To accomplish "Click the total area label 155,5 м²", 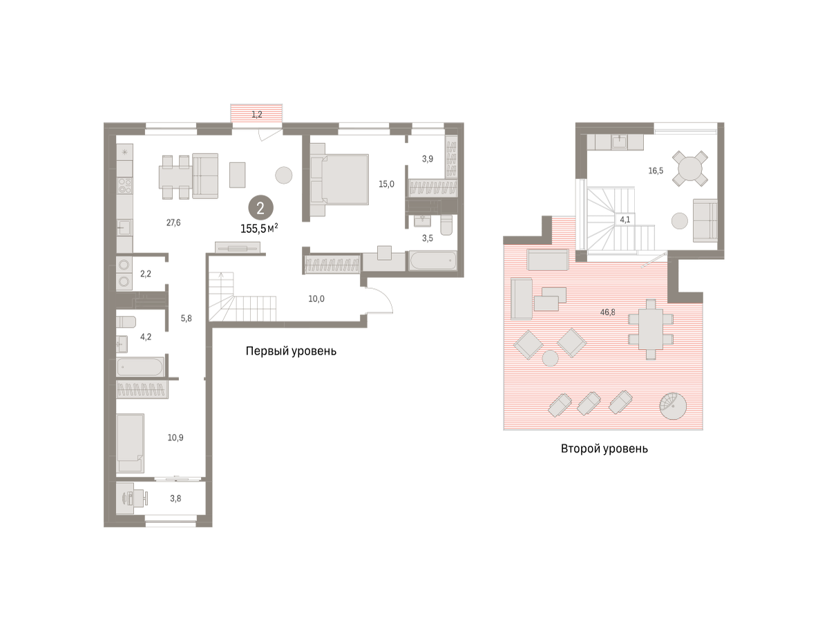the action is pyautogui.click(x=260, y=228).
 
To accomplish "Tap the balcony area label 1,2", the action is pyautogui.click(x=257, y=114).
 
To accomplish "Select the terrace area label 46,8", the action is pyautogui.click(x=608, y=312).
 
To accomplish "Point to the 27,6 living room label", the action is pyautogui.click(x=173, y=223).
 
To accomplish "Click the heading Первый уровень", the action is pyautogui.click(x=291, y=351).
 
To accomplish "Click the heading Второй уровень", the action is pyautogui.click(x=604, y=449).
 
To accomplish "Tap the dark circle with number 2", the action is pyautogui.click(x=260, y=208).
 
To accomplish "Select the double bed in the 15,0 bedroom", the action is pyautogui.click(x=339, y=180).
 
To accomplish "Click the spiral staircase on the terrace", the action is pyautogui.click(x=673, y=406).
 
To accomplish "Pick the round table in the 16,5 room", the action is pyautogui.click(x=690, y=169).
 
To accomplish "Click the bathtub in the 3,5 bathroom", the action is pyautogui.click(x=433, y=261).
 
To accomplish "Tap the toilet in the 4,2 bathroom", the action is pyautogui.click(x=126, y=322).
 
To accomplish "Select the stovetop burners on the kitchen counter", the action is pyautogui.click(x=124, y=185).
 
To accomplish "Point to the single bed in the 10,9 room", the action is pyautogui.click(x=131, y=443).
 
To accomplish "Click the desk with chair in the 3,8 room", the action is pyautogui.click(x=131, y=498).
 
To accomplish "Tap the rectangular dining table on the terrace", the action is pyautogui.click(x=650, y=329).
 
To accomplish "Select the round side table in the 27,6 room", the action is pyautogui.click(x=284, y=176).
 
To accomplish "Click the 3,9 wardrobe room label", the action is pyautogui.click(x=428, y=159).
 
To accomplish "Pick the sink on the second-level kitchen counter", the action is pyautogui.click(x=620, y=142).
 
